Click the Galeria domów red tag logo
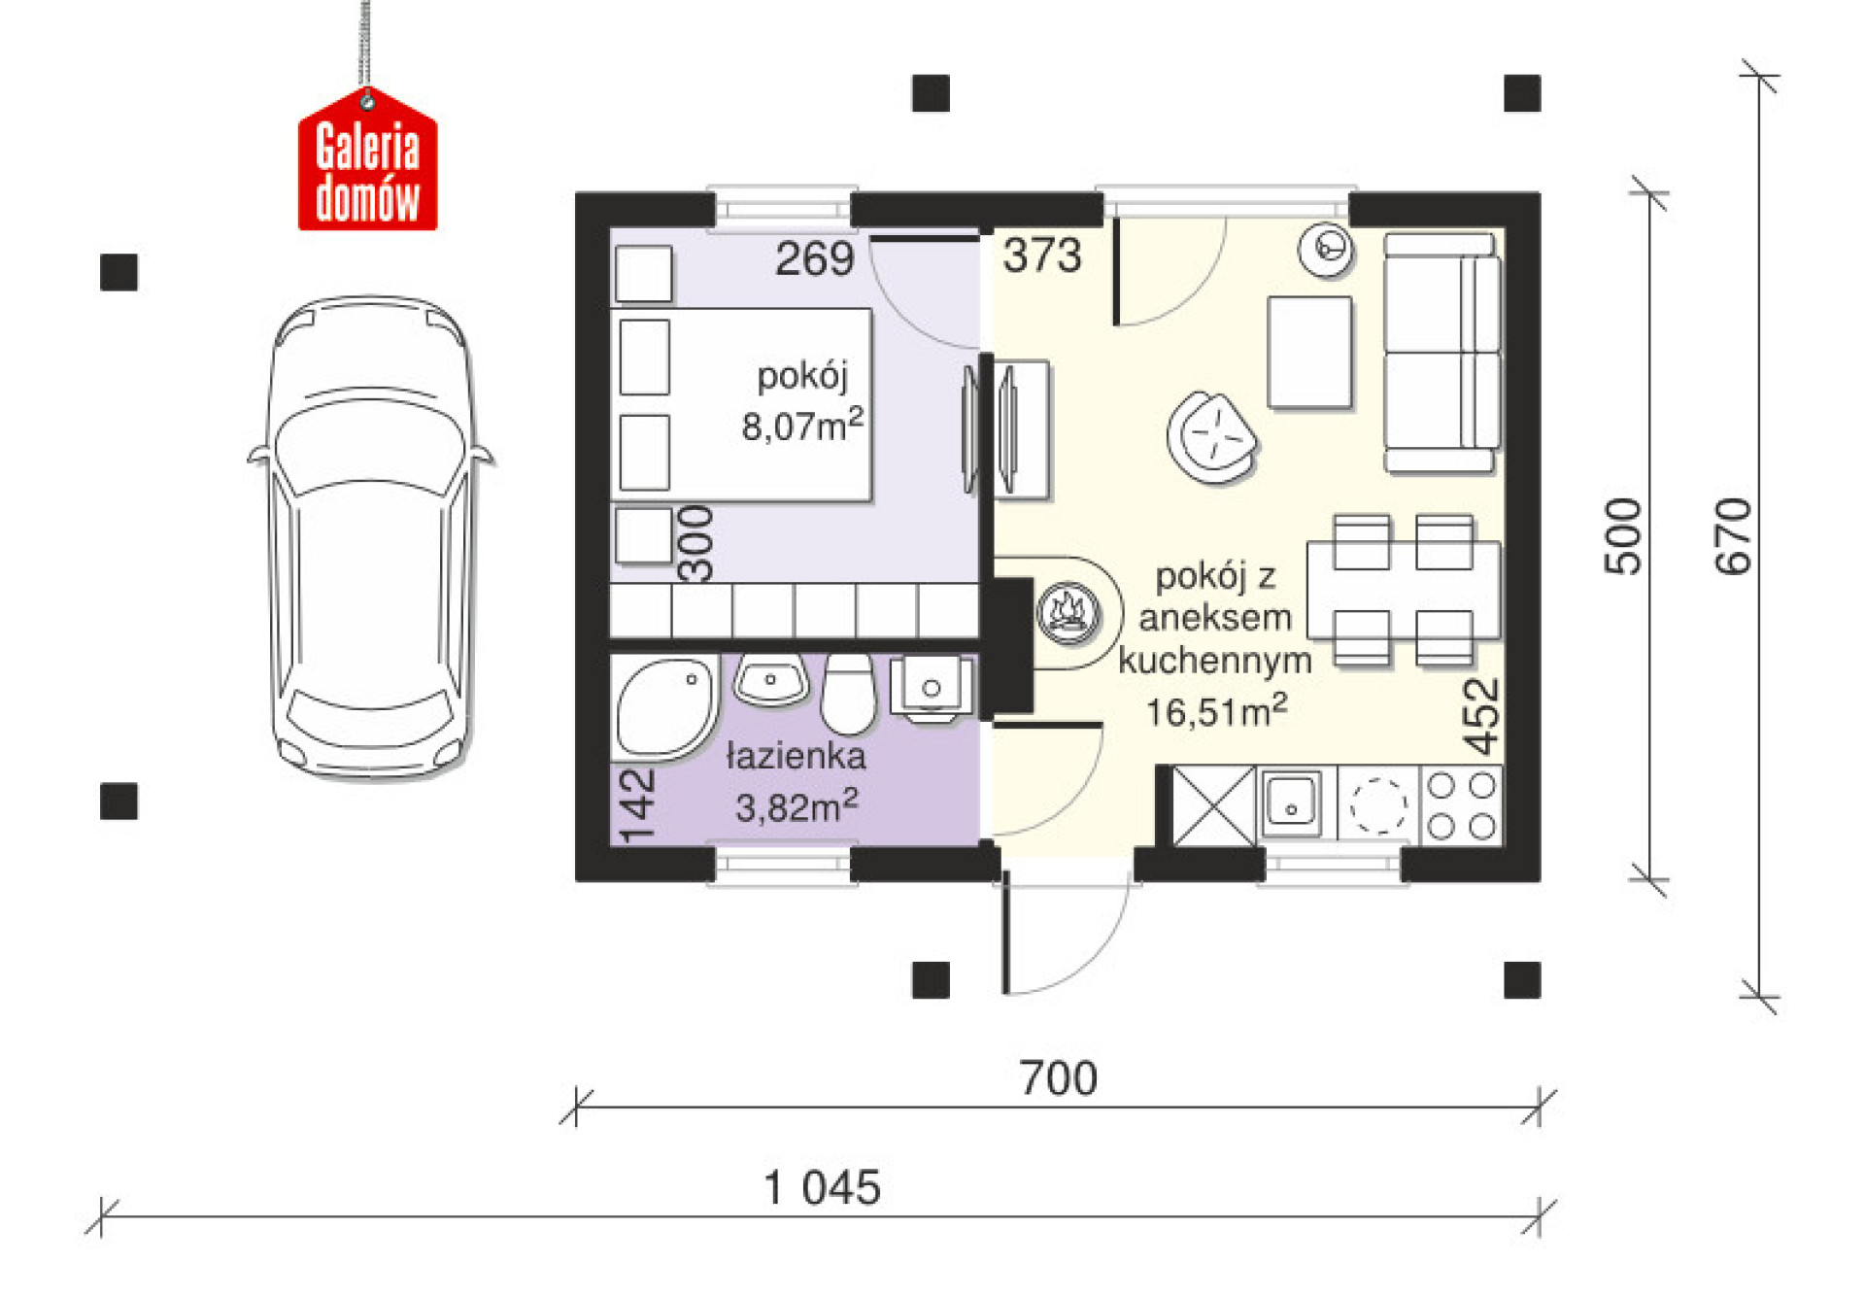tap(367, 160)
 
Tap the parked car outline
tap(370, 536)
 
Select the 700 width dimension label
tap(1058, 1078)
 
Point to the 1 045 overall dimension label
tap(822, 1187)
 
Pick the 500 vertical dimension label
tap(1623, 536)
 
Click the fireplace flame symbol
tap(1068, 613)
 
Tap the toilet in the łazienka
tap(848, 694)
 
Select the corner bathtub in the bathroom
tap(664, 705)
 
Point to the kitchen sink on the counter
tap(1292, 803)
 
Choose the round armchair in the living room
tap(1212, 437)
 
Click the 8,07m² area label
tap(802, 425)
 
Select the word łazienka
tap(796, 756)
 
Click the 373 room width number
tap(1042, 256)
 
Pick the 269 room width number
tap(814, 258)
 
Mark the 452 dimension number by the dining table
tap(1482, 717)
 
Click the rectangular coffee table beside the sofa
tap(1310, 353)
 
